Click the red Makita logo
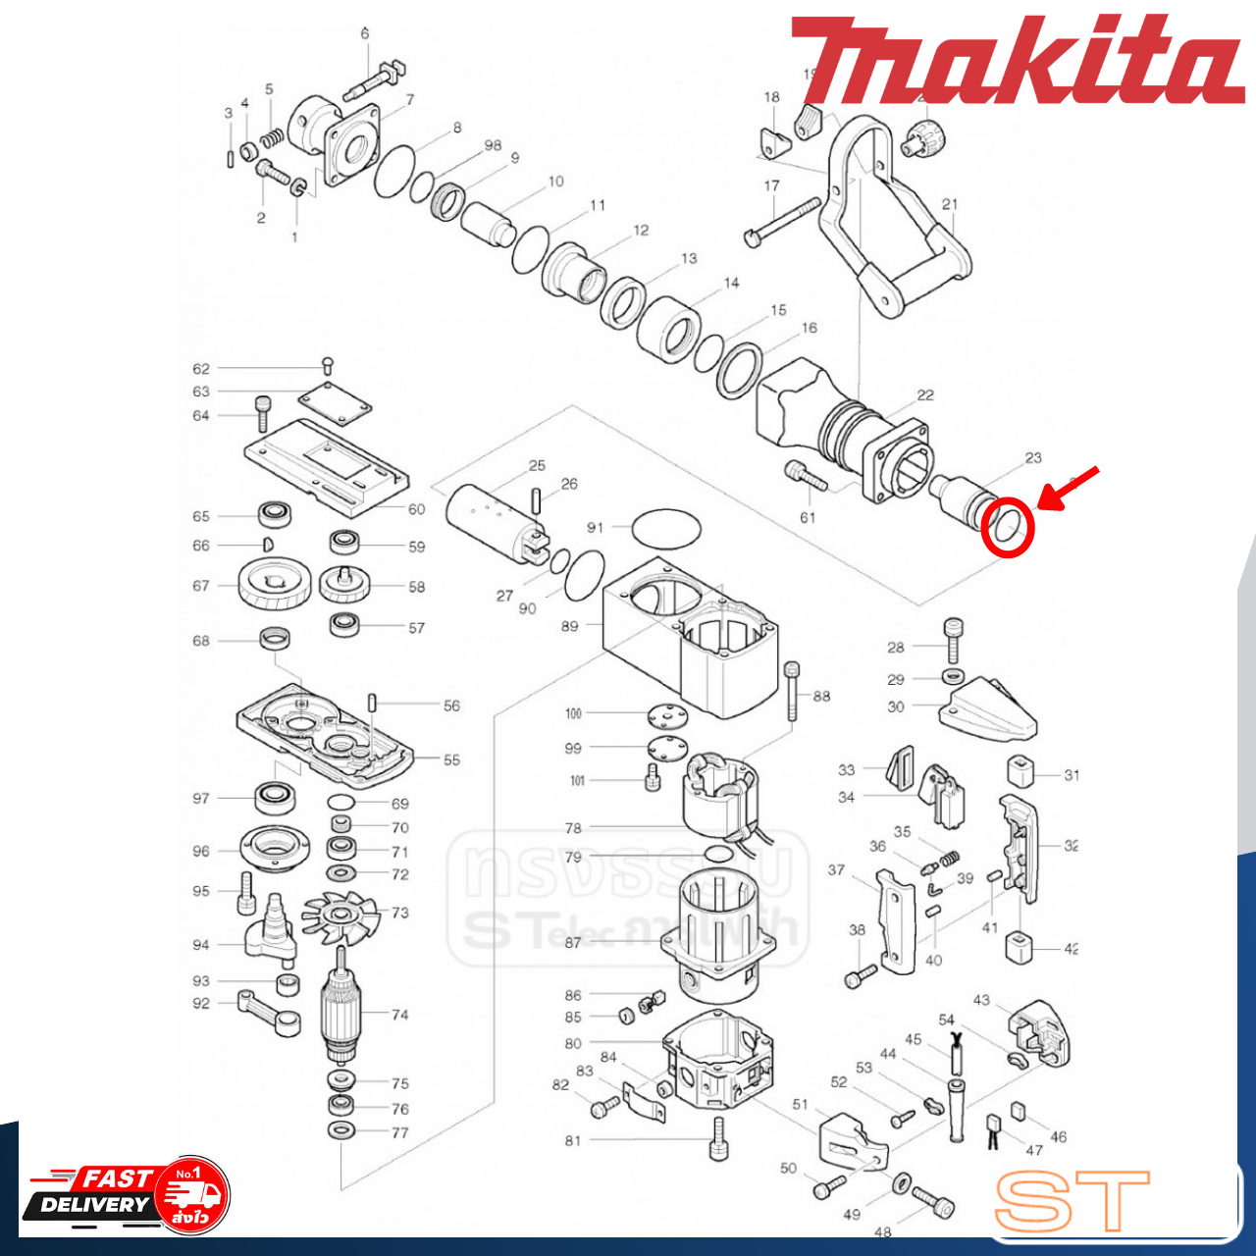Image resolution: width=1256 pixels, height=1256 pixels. click(x=1017, y=61)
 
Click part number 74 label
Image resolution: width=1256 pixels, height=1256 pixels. click(x=399, y=1015)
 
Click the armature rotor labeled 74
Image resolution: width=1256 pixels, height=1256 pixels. click(x=340, y=1011)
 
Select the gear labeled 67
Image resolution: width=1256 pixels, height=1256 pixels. click(x=274, y=585)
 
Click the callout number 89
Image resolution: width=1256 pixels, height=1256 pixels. click(x=569, y=626)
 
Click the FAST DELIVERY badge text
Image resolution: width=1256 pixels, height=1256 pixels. click(x=96, y=1191)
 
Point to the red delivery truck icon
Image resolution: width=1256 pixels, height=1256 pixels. click(x=192, y=1194)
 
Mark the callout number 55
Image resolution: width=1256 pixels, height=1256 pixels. click(x=451, y=759)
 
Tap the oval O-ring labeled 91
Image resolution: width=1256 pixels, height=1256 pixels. click(x=666, y=529)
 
